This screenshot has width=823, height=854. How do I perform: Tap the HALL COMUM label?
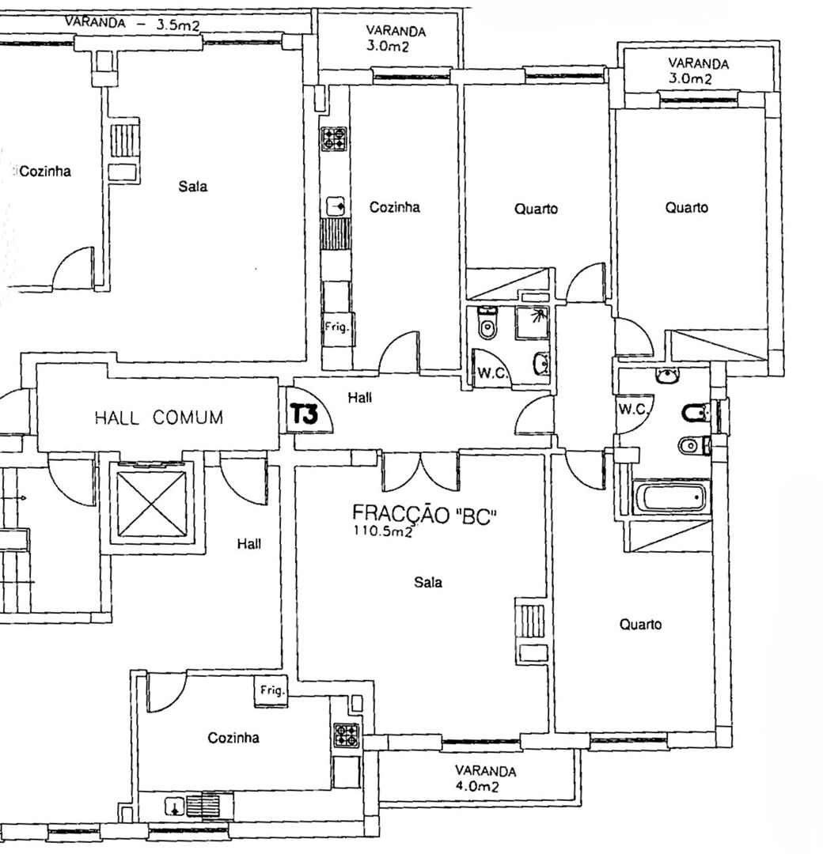pyautogui.click(x=159, y=418)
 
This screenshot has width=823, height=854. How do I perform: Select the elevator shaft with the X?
pyautogui.click(x=152, y=503)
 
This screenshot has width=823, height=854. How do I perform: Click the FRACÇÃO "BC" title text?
pyautogui.click(x=425, y=515)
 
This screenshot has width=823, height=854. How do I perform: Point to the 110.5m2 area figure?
pyautogui.click(x=382, y=531)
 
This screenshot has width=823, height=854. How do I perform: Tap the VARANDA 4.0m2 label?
pyautogui.click(x=485, y=778)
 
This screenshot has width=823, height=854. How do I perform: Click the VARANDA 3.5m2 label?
pyautogui.click(x=132, y=24)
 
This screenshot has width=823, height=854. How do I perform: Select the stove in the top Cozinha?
pyautogui.click(x=334, y=138)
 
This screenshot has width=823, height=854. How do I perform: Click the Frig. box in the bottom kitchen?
pyautogui.click(x=271, y=691)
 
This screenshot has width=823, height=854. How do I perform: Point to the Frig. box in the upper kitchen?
pyautogui.click(x=337, y=328)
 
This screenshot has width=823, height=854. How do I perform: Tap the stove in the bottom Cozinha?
pyautogui.click(x=347, y=735)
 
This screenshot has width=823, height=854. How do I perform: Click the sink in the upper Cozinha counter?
pyautogui.click(x=336, y=207)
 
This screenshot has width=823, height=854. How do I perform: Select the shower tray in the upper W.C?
pyautogui.click(x=532, y=323)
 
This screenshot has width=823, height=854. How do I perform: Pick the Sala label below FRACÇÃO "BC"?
pyautogui.click(x=428, y=582)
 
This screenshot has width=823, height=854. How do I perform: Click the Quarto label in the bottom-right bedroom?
pyautogui.click(x=640, y=624)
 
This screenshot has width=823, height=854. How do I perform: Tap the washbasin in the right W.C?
pyautogui.click(x=668, y=376)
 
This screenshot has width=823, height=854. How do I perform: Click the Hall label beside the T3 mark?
pyautogui.click(x=360, y=398)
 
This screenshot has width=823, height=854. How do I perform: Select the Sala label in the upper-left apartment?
pyautogui.click(x=193, y=187)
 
